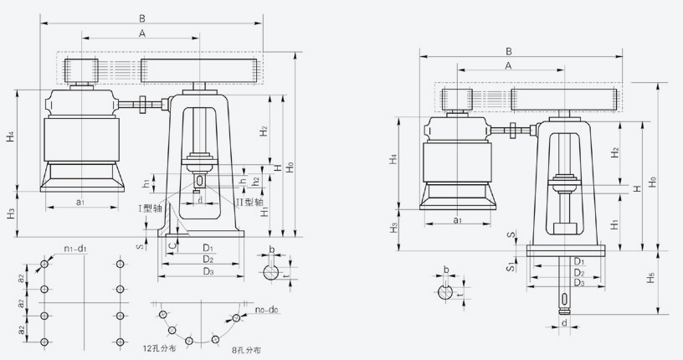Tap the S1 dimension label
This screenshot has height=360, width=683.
click(510, 265)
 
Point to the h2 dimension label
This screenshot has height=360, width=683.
click(255, 181)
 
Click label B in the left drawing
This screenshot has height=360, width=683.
click(141, 17)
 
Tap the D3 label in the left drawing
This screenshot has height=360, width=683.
click(208, 271)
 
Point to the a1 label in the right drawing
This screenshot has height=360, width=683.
click(457, 220)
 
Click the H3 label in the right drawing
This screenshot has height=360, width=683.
click(393, 227)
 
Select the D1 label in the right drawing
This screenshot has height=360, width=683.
click(578, 261)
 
